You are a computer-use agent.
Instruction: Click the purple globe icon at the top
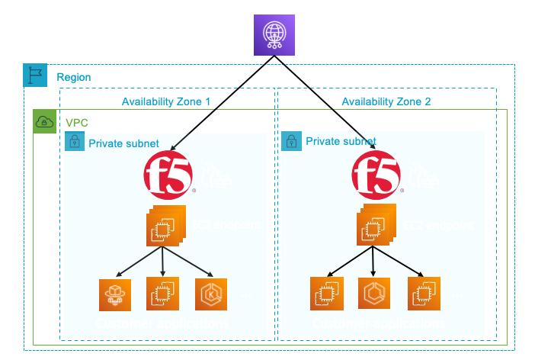(x=273, y=36)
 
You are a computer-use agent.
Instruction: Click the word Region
(x=73, y=77)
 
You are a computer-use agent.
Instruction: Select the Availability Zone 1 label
(x=166, y=102)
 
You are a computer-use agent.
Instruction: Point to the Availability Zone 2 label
(x=386, y=102)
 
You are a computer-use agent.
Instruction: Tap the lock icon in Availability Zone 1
(x=75, y=142)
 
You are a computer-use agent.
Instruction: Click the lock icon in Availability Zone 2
(x=290, y=141)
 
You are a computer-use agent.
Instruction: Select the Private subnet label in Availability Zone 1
(x=123, y=143)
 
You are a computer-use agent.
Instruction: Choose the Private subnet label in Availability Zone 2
(x=341, y=141)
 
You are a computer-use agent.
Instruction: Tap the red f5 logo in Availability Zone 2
(x=376, y=175)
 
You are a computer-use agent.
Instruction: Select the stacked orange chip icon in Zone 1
(x=164, y=227)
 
